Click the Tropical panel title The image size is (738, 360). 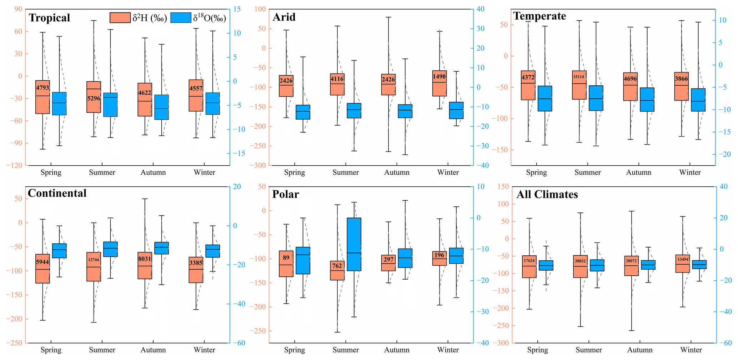(49, 18)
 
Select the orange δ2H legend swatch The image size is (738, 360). (120, 18)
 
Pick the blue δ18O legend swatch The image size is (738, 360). (181, 18)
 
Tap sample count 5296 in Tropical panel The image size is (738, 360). (94, 98)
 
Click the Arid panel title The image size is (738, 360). (284, 17)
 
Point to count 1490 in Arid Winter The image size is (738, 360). (439, 76)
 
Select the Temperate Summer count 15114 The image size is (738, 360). (579, 76)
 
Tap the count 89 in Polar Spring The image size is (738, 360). (286, 258)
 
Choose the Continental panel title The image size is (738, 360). (57, 193)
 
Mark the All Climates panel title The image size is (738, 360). (547, 195)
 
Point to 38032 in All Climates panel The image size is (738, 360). (580, 261)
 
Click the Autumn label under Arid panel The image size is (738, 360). (397, 172)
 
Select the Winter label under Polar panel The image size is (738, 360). (448, 350)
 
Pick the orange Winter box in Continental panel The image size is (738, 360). (196, 270)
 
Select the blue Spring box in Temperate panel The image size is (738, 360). (545, 99)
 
